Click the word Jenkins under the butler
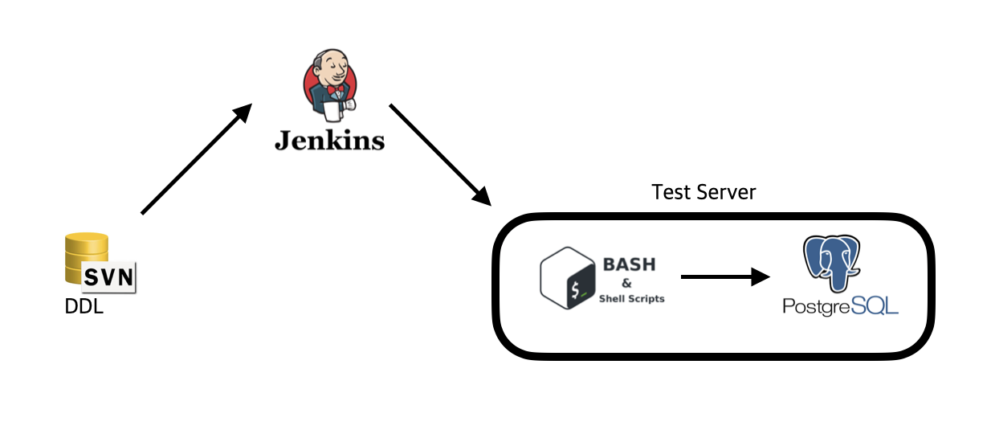pyautogui.click(x=329, y=141)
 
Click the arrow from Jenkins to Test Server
pyautogui.click(x=438, y=153)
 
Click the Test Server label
pyautogui.click(x=703, y=193)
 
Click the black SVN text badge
pyautogui.click(x=109, y=278)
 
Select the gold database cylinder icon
pyautogui.click(x=84, y=249)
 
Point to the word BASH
pyautogui.click(x=629, y=264)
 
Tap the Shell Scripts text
pyautogui.click(x=632, y=298)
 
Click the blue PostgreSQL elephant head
pyautogui.click(x=835, y=262)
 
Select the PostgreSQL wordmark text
pyautogui.click(x=840, y=306)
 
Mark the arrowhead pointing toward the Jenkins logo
pyautogui.click(x=244, y=113)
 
